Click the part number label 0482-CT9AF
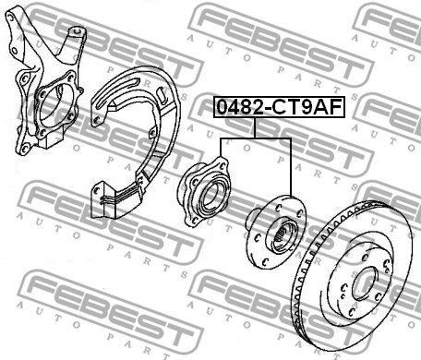pyautogui.click(x=279, y=107)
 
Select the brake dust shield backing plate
pyautogui.click(x=136, y=141)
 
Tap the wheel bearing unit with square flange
pyautogui.click(x=204, y=192)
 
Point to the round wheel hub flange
pyautogui.click(x=276, y=233)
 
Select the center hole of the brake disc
pyautogui.click(x=366, y=283)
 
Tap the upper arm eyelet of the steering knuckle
pyautogui.click(x=77, y=31)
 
